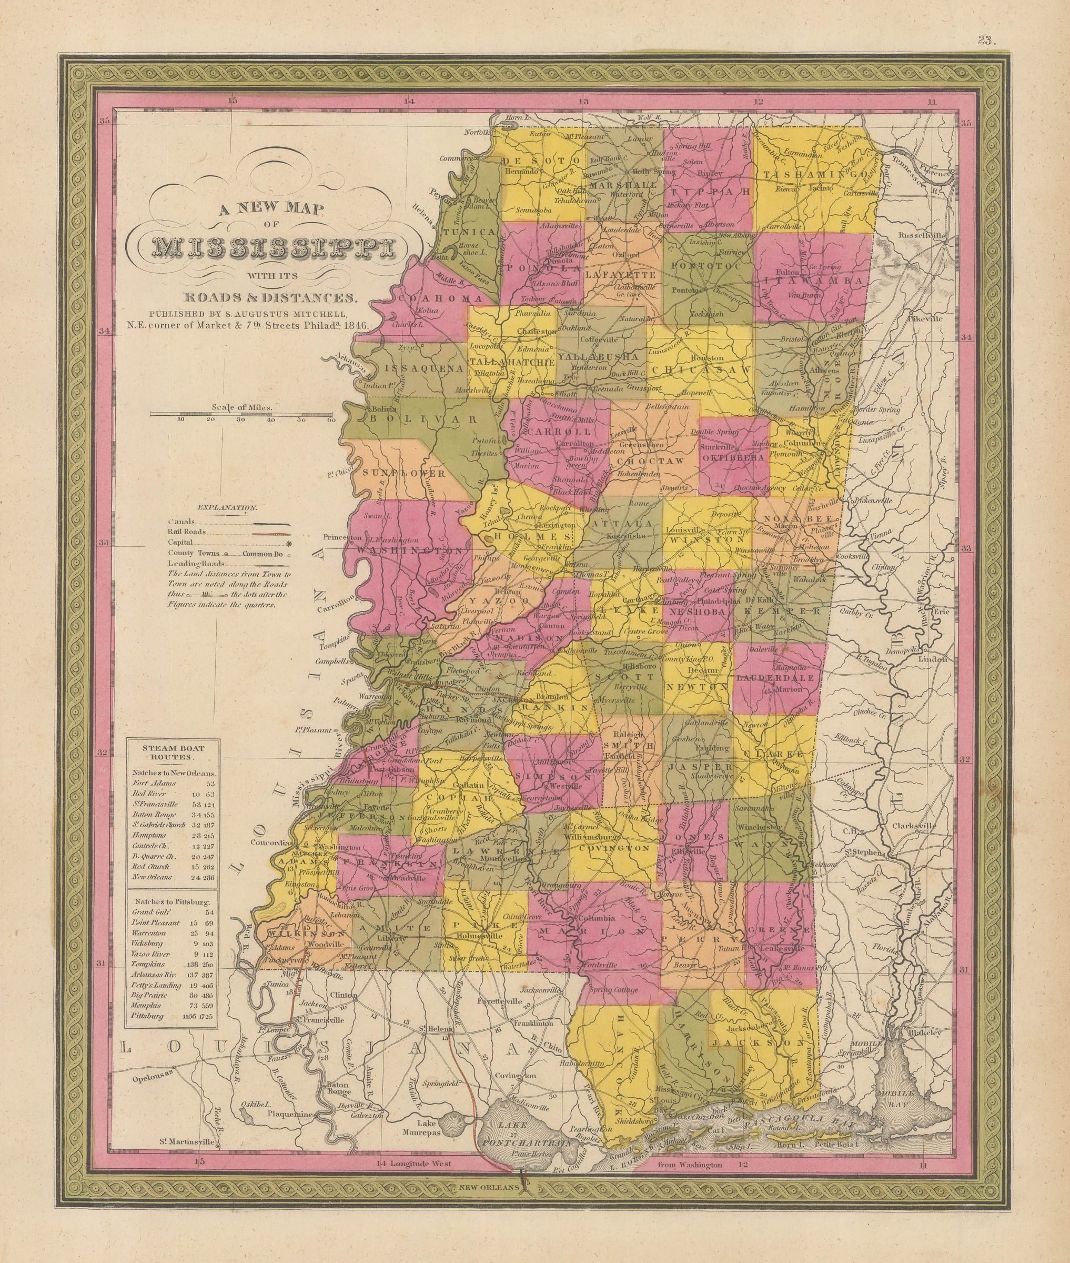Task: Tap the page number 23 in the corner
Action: (x=984, y=41)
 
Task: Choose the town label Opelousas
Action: (x=152, y=1072)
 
